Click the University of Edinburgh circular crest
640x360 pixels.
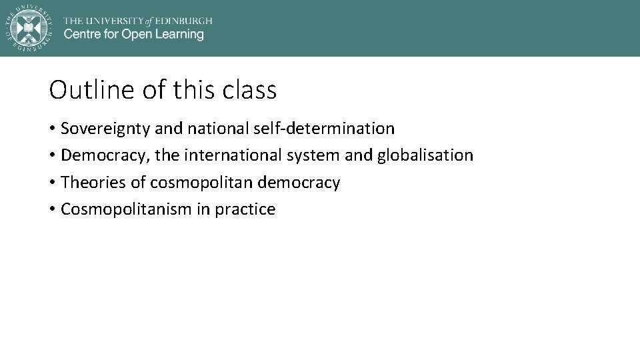click(x=28, y=28)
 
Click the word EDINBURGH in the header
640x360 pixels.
click(x=184, y=20)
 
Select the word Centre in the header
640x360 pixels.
click(x=81, y=35)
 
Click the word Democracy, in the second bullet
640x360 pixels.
click(x=105, y=155)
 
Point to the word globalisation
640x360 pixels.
click(x=425, y=155)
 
